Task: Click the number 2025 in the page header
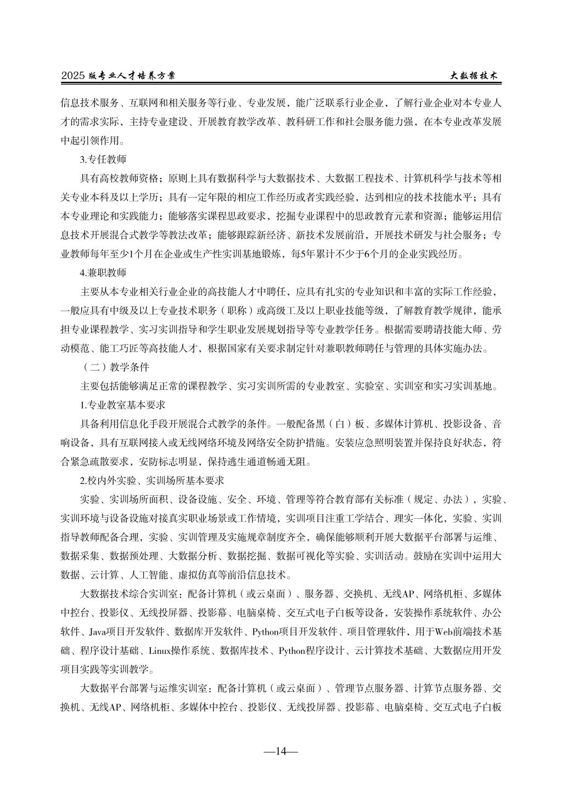pos(72,77)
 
